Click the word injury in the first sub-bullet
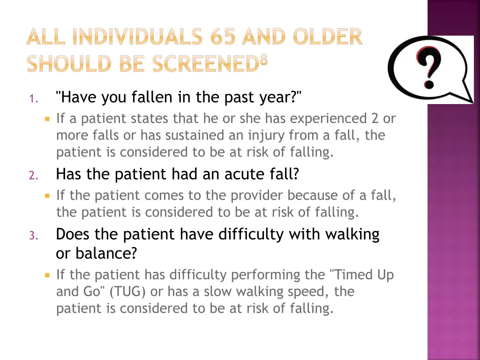click(x=264, y=135)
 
